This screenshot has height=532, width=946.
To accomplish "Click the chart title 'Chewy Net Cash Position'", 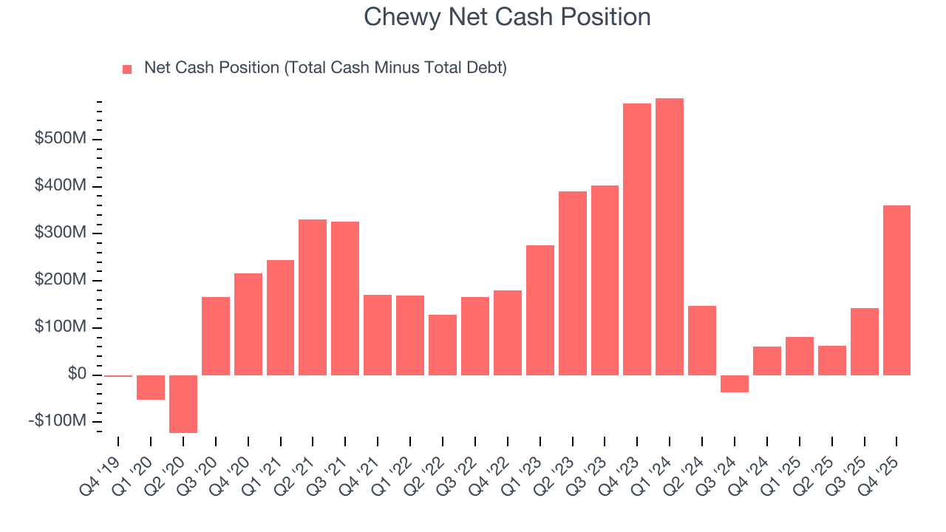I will [x=507, y=17].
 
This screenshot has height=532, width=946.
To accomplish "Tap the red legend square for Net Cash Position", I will [x=127, y=69].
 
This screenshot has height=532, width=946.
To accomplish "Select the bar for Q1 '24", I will [x=670, y=236].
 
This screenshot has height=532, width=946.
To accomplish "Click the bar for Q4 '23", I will [x=637, y=239].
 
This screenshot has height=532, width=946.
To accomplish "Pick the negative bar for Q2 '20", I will [x=183, y=403].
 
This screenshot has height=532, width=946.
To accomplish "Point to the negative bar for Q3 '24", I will [x=735, y=383].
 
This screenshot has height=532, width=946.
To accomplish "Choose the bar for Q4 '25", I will [x=896, y=290].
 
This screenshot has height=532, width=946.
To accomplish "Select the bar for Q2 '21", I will [x=313, y=297].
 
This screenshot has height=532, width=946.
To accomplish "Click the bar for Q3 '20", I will [x=216, y=336].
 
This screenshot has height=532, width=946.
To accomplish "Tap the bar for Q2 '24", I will [x=702, y=341].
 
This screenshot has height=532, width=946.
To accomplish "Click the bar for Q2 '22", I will [x=443, y=345].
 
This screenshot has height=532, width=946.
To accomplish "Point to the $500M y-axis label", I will [x=61, y=139].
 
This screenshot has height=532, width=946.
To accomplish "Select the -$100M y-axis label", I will [x=58, y=421].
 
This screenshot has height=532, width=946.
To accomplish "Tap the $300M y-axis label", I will [x=61, y=233].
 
